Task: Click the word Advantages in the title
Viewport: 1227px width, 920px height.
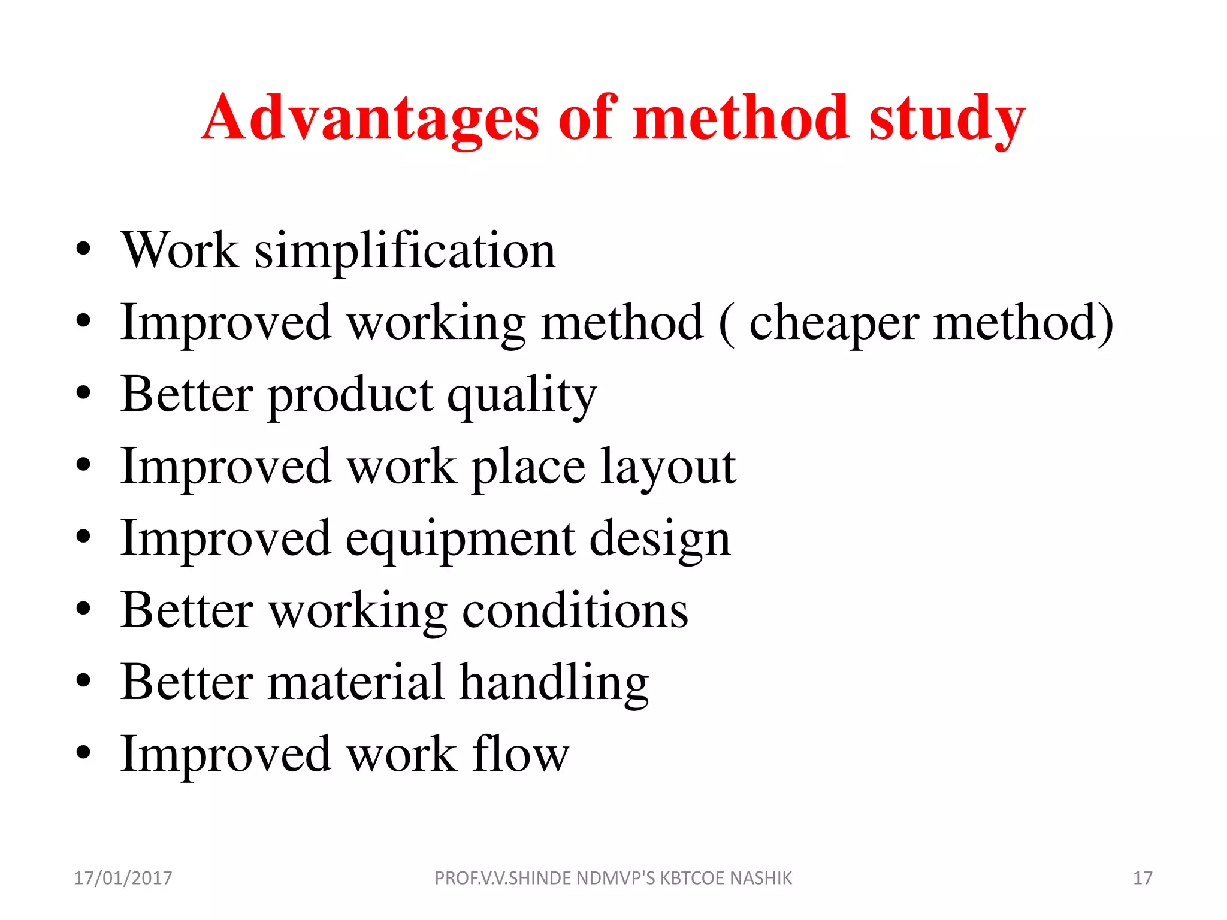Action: (370, 118)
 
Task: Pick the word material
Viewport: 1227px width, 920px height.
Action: (356, 683)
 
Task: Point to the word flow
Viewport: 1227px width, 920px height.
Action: (521, 755)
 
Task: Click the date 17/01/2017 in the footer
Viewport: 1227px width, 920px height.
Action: (123, 878)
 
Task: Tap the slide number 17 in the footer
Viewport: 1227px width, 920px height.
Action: (1143, 878)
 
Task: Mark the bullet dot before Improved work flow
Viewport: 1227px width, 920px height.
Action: (84, 753)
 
